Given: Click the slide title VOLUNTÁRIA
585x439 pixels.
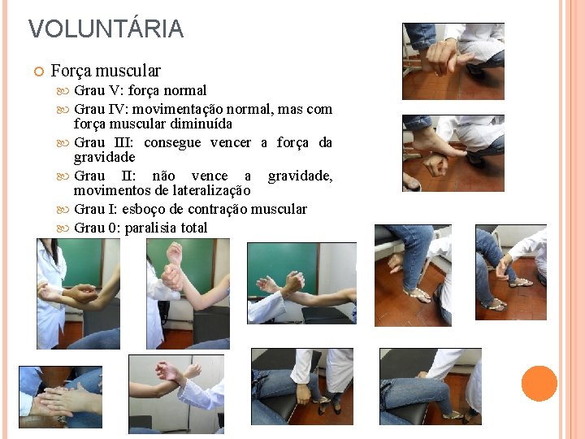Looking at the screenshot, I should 106,29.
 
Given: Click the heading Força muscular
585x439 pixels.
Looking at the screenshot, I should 106,71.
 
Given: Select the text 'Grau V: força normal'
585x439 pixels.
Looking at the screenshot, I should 140,90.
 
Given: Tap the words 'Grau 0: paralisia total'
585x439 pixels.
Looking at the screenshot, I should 141,228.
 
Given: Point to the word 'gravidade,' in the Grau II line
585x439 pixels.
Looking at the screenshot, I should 300,176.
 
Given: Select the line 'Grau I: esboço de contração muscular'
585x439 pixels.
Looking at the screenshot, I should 190,209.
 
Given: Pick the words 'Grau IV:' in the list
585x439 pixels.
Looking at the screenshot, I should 101,109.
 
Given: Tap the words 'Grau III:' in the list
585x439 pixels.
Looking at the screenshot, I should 103,142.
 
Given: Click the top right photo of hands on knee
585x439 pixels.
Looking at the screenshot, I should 453,61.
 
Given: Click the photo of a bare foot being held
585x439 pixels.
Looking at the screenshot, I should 453,153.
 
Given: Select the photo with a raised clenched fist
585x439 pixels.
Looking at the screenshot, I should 188,293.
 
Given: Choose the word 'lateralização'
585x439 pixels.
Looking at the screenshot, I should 210,190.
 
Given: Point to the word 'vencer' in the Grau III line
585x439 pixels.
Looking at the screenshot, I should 231,142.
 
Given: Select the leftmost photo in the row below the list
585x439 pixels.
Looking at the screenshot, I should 78,293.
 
